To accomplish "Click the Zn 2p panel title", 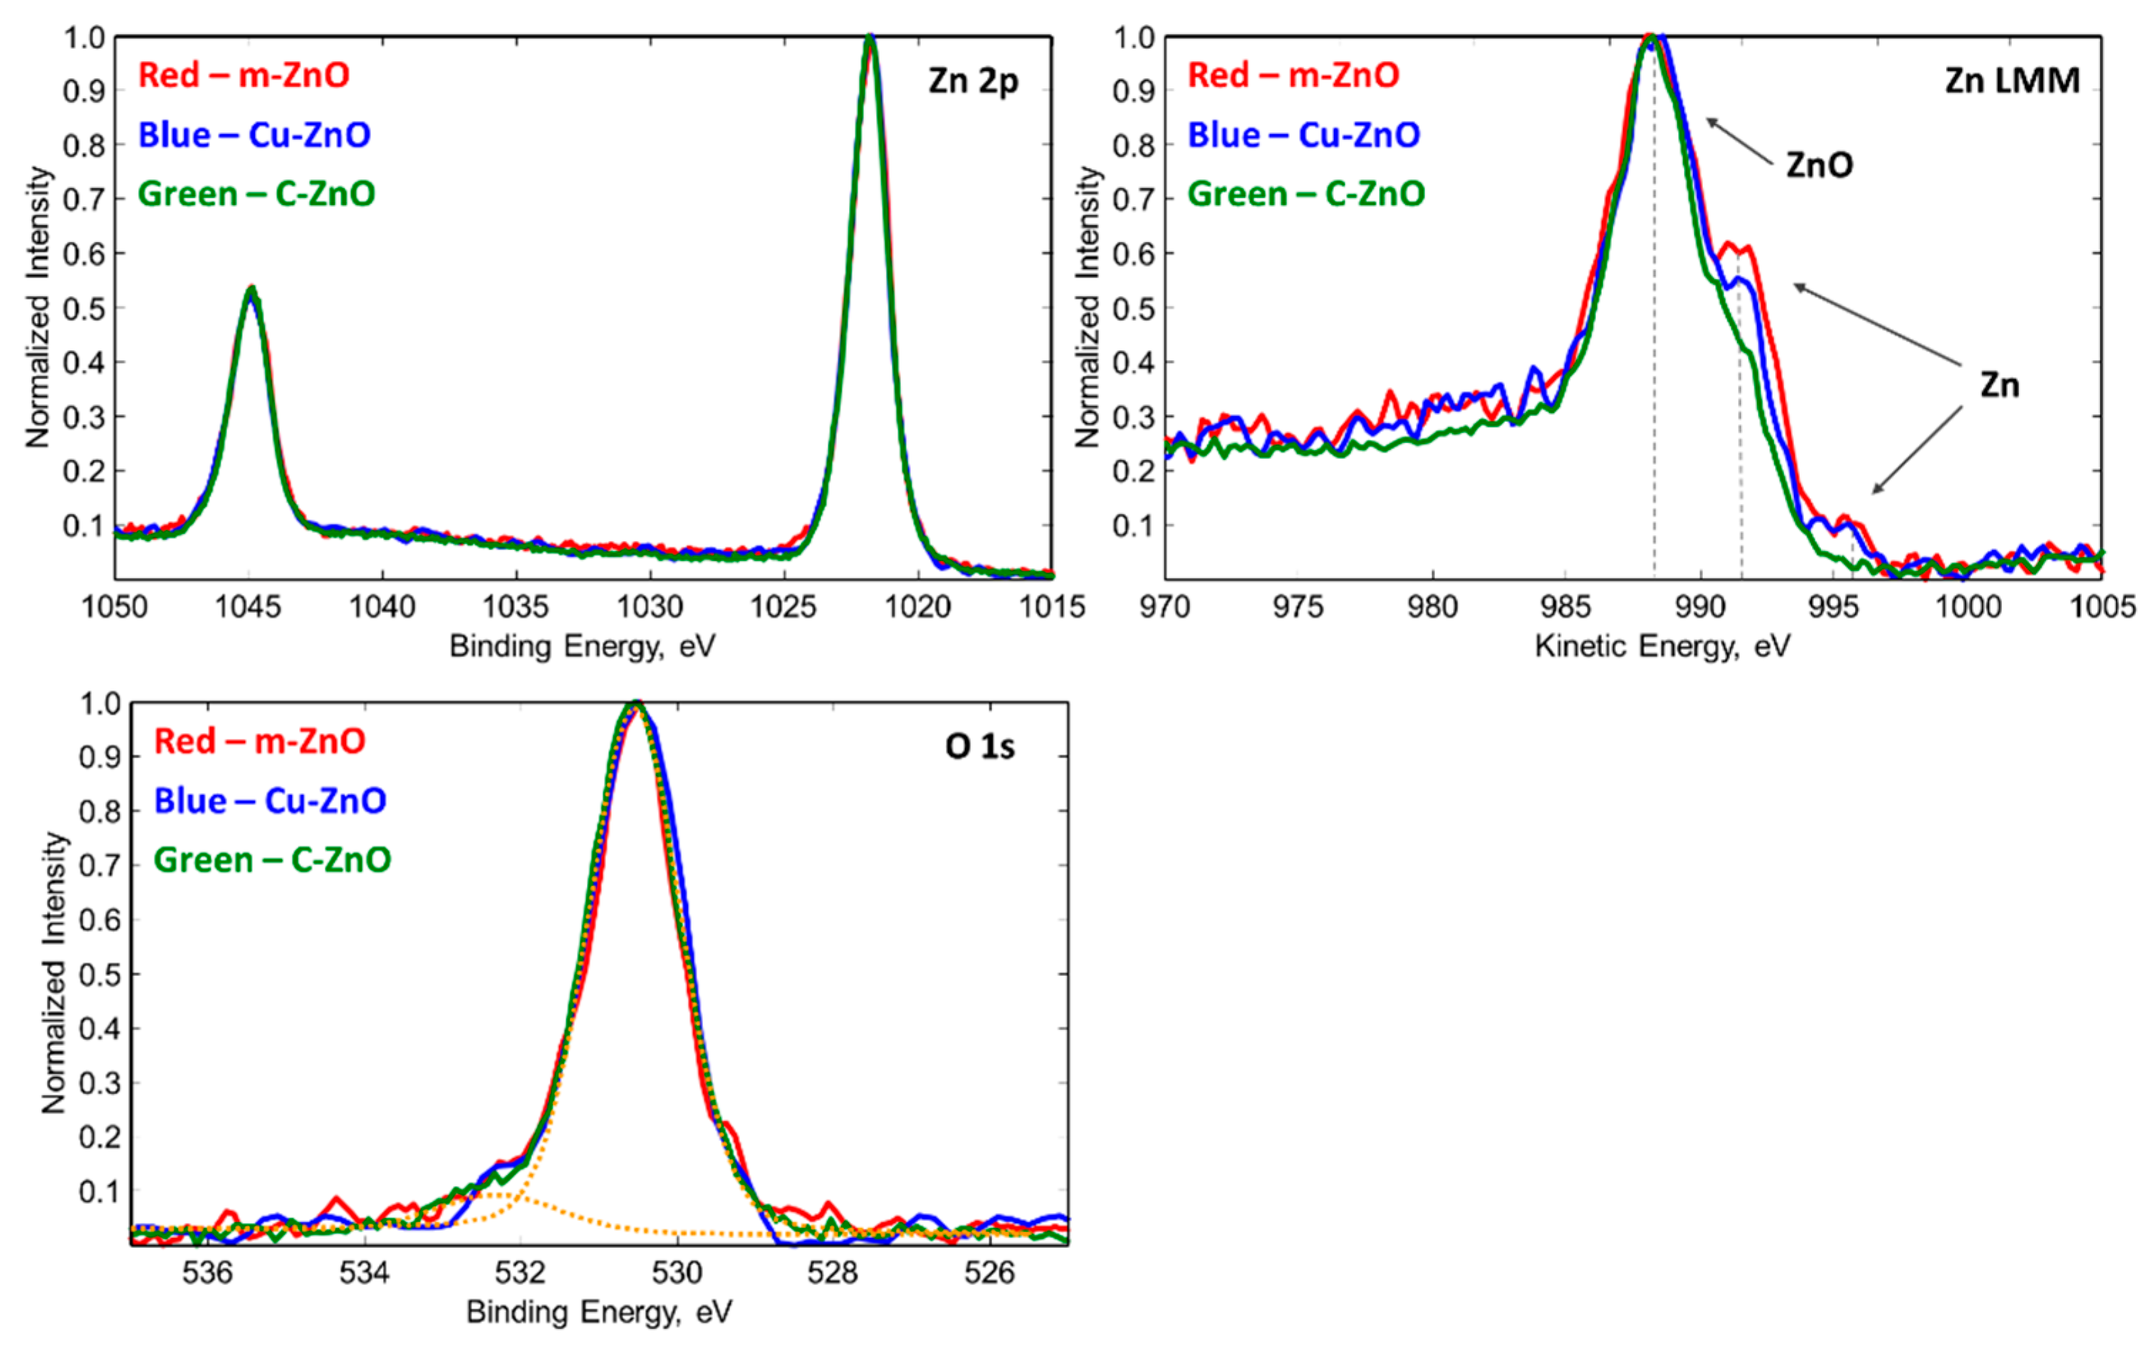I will pos(973,81).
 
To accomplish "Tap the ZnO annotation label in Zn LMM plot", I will pos(1820,165).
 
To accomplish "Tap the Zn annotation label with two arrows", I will pos(2000,385).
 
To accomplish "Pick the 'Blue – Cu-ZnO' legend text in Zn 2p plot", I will pos(254,135).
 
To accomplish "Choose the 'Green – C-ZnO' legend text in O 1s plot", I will pos(272,860).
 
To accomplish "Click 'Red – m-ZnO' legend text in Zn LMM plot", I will pos(1293,75).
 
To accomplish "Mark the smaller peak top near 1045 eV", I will pos(251,289).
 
